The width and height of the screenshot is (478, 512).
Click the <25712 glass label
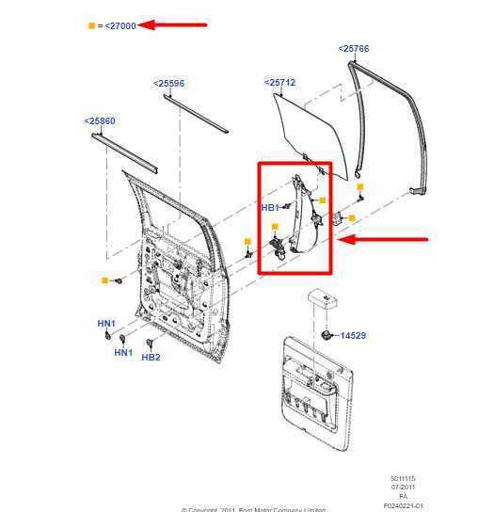tap(279, 83)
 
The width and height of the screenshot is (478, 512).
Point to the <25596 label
tap(168, 84)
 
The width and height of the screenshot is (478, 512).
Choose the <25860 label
tap(100, 121)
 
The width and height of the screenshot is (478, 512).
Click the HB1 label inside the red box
tap(270, 207)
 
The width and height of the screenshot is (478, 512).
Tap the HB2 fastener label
tap(151, 358)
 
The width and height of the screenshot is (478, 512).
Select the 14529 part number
tap(354, 335)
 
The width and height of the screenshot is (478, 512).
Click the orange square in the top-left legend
tap(91, 25)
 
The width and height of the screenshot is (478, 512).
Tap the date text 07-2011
tap(403, 487)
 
